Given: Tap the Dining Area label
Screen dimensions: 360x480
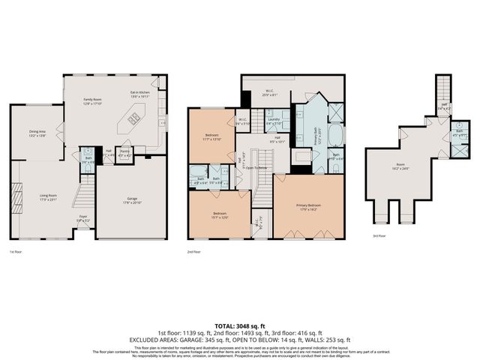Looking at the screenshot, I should tap(38, 133).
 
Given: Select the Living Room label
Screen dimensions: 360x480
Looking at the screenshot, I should tap(49, 198).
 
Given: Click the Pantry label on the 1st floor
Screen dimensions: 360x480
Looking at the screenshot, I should tap(125, 154).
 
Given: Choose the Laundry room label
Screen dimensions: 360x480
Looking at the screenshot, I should tap(274, 121).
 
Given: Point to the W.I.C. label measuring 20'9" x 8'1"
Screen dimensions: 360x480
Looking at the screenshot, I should tap(268, 92).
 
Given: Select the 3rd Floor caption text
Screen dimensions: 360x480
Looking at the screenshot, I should tap(379, 236).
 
